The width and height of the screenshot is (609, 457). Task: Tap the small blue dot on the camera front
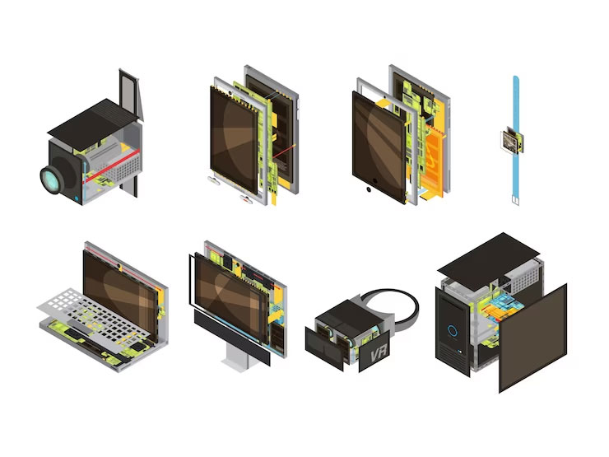click(x=77, y=198)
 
